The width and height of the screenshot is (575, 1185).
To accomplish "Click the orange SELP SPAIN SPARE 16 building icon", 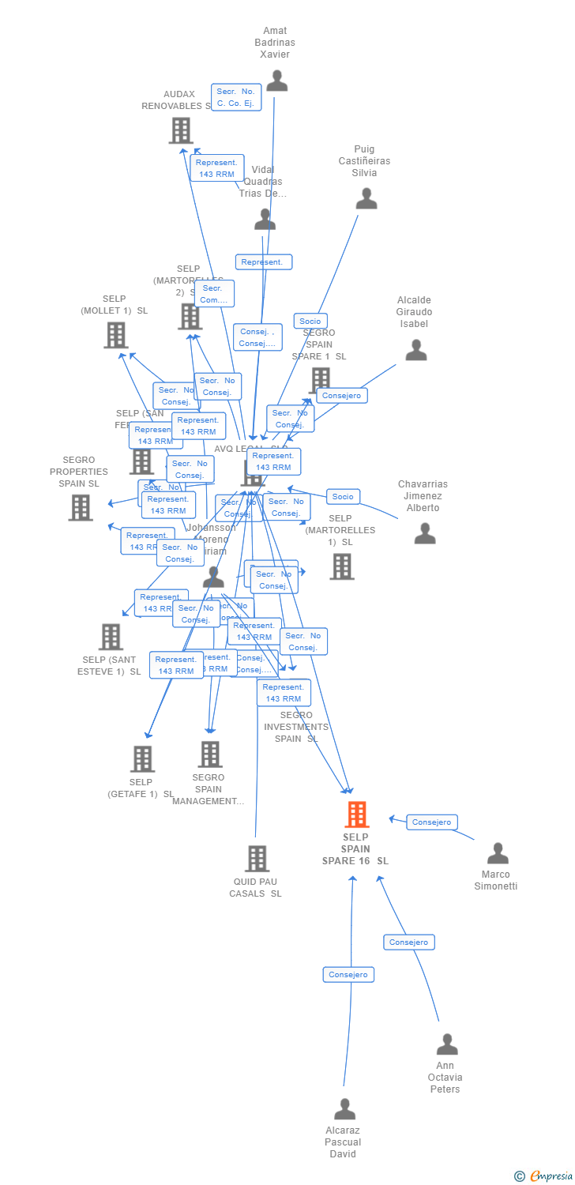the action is [357, 814].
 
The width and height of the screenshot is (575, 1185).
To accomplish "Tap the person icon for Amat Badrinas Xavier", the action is [276, 81].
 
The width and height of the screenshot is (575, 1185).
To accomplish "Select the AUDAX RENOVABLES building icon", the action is [181, 130].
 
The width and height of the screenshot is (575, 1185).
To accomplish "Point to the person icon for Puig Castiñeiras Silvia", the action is [366, 198].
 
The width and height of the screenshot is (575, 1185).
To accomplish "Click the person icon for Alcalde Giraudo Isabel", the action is [415, 350].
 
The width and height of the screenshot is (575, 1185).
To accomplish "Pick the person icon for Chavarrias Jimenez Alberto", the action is [425, 534].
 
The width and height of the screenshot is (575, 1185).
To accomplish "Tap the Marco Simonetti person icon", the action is [498, 853].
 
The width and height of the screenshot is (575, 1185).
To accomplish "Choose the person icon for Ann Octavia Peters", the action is [447, 1044].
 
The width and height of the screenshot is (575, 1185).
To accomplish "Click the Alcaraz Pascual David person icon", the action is [344, 1109].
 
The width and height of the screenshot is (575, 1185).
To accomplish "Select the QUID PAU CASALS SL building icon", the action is [257, 859].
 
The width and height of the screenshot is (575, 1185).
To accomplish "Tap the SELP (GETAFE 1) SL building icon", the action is [142, 759].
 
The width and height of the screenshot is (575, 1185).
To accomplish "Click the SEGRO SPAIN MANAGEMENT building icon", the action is [209, 754].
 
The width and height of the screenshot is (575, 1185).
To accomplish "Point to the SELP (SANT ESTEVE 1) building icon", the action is [111, 637].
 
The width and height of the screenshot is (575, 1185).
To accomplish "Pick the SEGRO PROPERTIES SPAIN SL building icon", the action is [81, 508].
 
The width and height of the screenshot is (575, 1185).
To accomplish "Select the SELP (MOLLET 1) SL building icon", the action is [116, 335].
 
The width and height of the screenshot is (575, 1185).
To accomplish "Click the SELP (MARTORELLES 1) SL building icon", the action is [341, 566].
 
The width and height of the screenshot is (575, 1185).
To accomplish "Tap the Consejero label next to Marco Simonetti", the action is [432, 822].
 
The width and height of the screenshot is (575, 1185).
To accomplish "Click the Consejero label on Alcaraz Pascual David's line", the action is [348, 975].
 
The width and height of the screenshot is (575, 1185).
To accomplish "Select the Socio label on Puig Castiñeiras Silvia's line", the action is [310, 321].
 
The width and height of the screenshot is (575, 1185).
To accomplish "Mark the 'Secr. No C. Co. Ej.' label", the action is [236, 97].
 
